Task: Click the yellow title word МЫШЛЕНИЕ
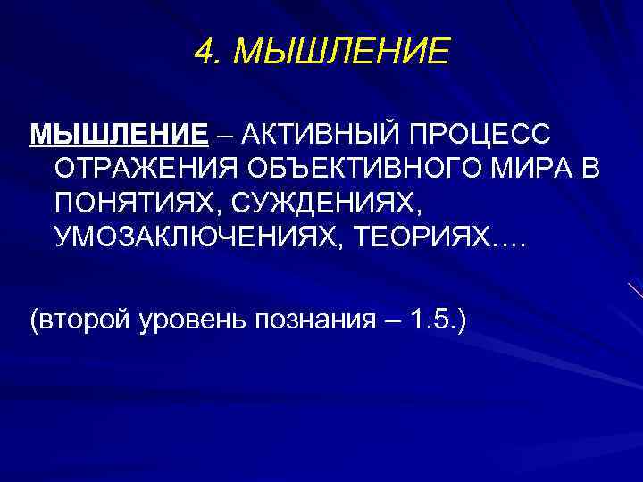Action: pyautogui.click(x=340, y=53)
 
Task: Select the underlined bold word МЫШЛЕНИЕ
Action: pyautogui.click(x=119, y=135)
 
